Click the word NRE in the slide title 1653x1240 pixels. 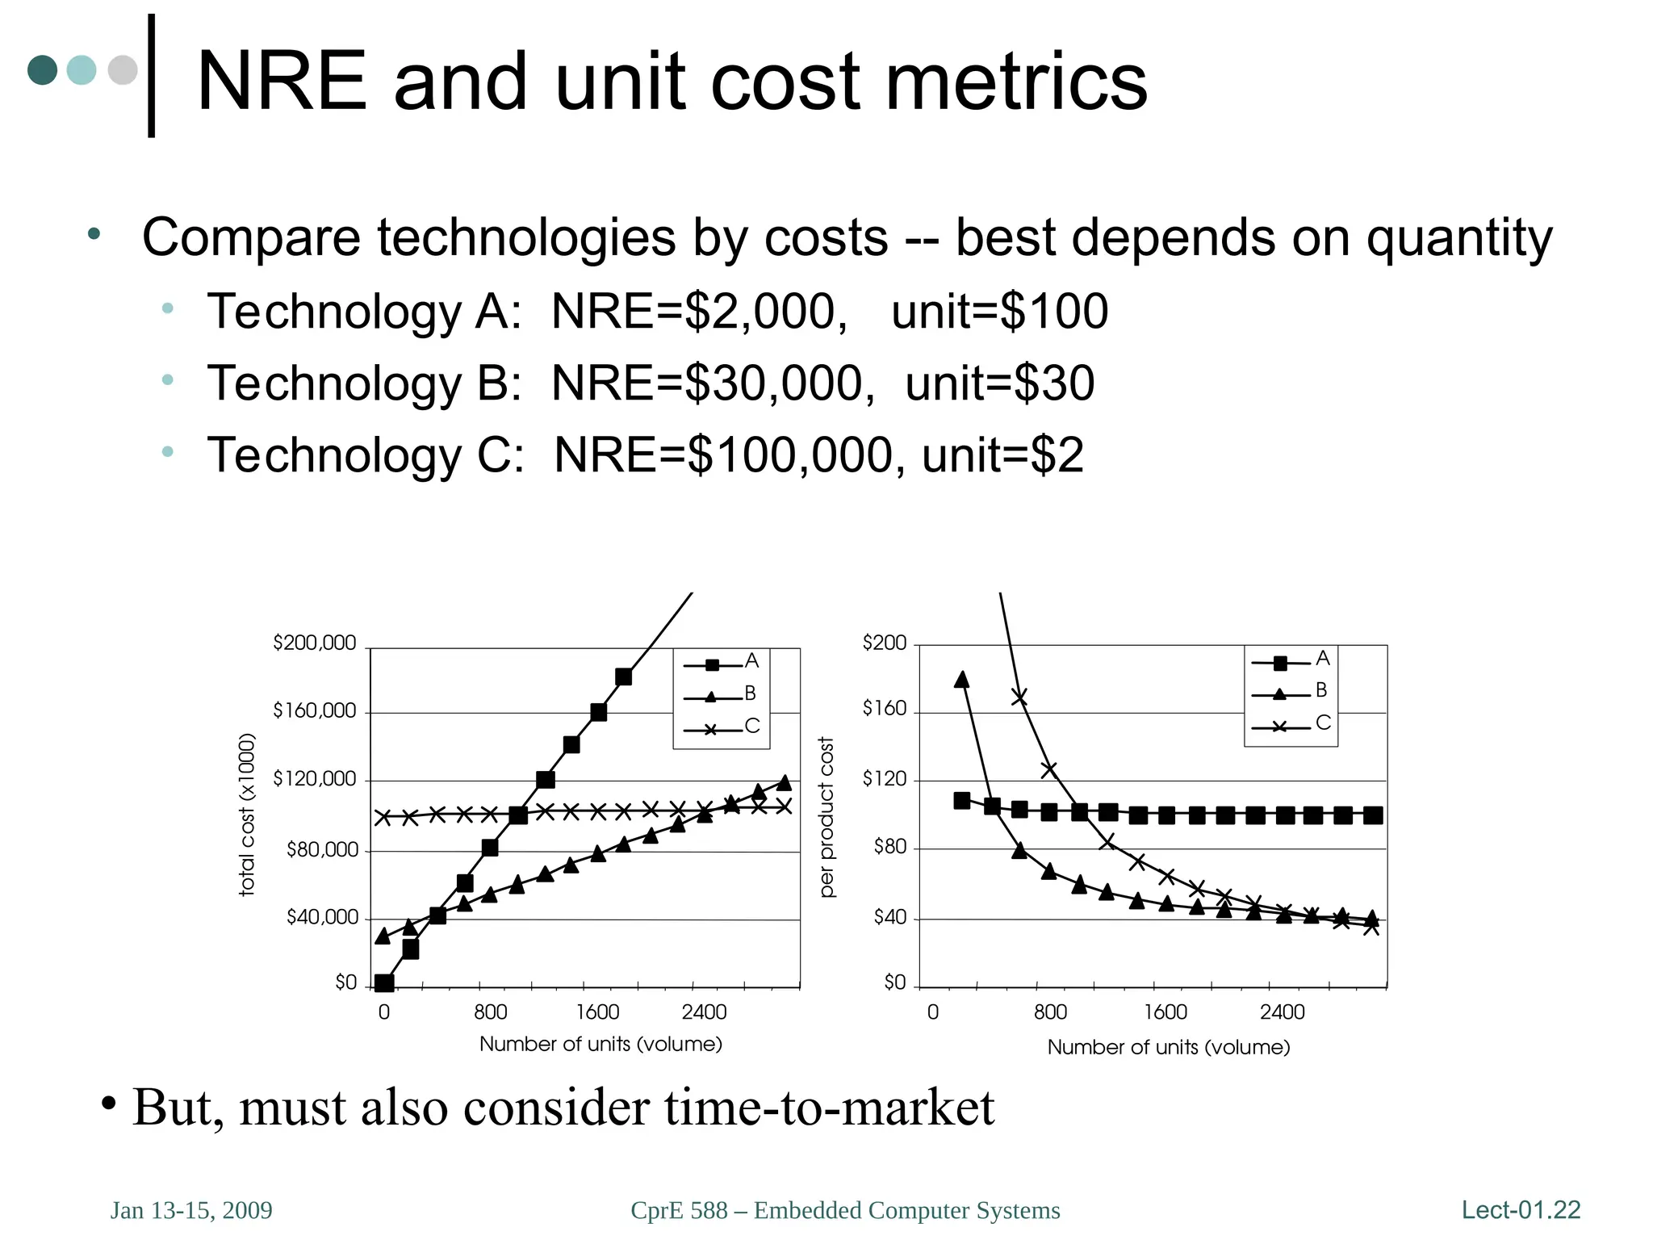pos(282,82)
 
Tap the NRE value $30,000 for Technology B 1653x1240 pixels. pos(779,383)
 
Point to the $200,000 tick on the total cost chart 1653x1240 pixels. pos(314,643)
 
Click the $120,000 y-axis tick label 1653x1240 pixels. pos(314,779)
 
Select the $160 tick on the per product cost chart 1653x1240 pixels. pos(885,709)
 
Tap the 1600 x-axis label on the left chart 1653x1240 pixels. pos(597,1012)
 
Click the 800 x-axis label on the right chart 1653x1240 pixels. pos(1050,1012)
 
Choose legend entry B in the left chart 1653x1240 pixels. pos(750,693)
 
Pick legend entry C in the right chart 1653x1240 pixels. pos(1323,723)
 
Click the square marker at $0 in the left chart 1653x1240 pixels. pos(384,982)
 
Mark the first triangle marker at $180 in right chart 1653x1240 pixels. pos(961,680)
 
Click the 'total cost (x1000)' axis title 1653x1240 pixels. pos(247,815)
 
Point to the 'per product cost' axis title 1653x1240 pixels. pos(826,816)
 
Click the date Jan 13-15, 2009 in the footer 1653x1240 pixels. pos(191,1210)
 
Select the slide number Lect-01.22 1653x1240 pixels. pos(1521,1209)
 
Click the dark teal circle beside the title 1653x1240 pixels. pos(43,69)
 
